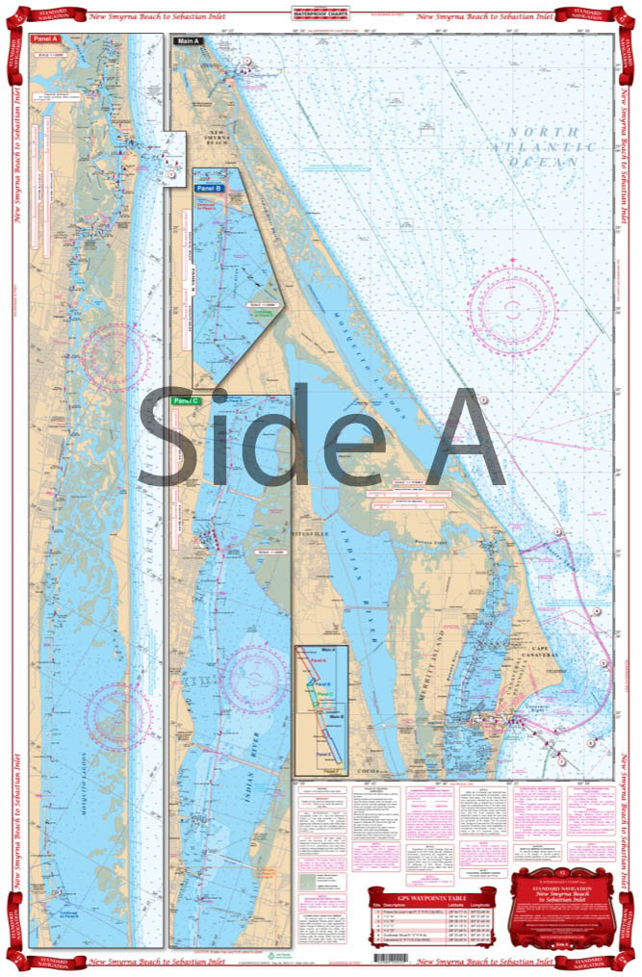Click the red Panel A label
(44, 39)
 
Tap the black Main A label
(187, 41)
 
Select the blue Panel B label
(209, 175)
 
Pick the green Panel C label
(185, 400)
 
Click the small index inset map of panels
(321, 710)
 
